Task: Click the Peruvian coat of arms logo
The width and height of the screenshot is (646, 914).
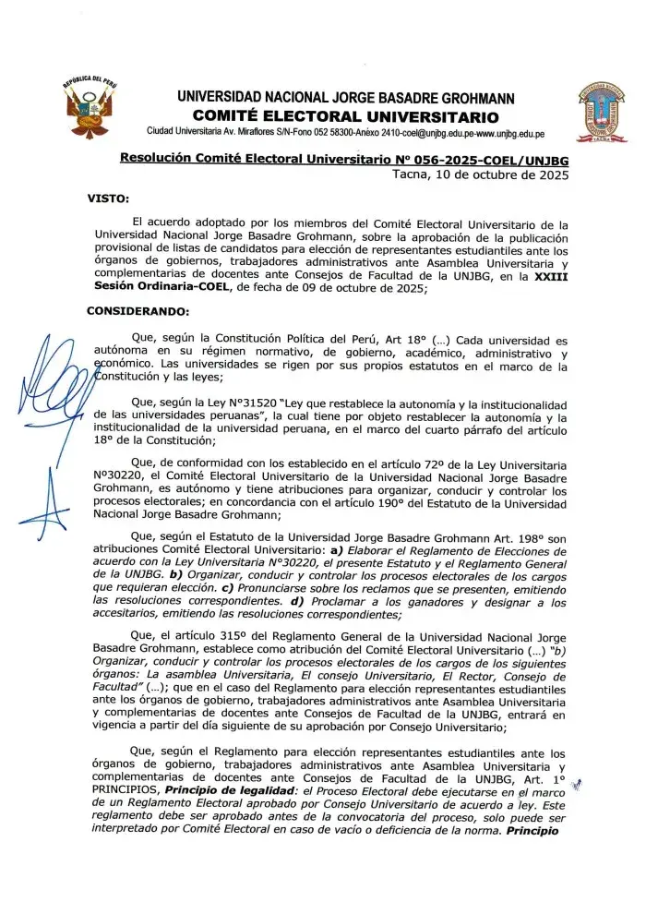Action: coord(94,109)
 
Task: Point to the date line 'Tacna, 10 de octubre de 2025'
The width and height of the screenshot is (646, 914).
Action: coord(480,174)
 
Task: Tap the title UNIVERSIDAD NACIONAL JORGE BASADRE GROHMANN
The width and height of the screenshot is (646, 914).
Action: coord(345,98)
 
